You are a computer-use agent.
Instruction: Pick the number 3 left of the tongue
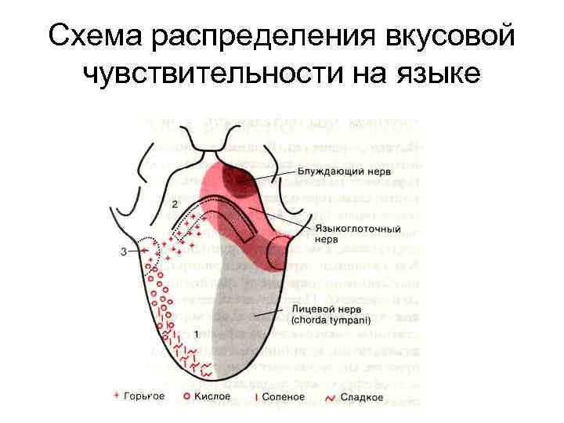pos(124,251)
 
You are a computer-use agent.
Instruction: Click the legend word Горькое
pos(146,396)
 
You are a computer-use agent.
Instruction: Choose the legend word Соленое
pos(284,396)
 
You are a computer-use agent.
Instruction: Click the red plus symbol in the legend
pos(117,396)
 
